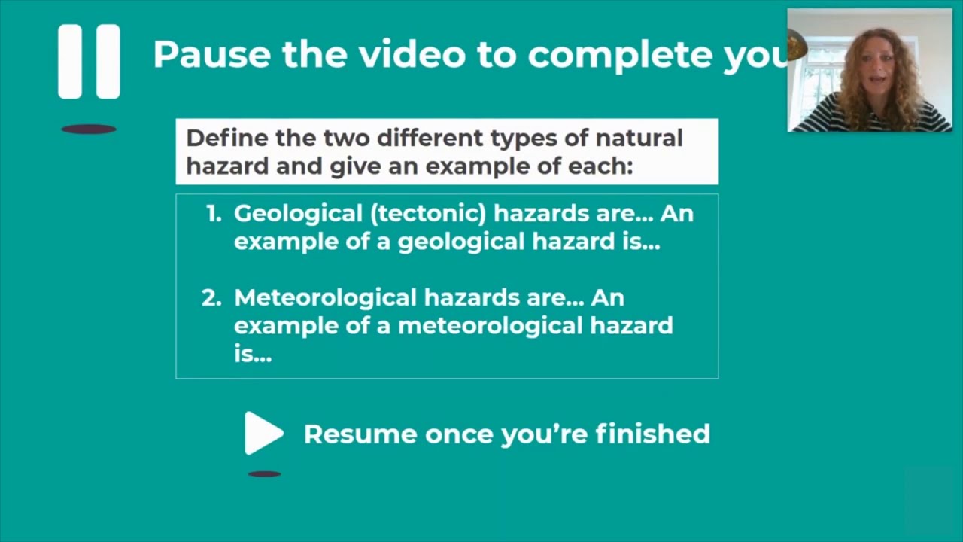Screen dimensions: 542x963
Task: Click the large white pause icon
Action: [x=89, y=62]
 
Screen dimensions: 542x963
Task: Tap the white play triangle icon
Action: [x=262, y=433]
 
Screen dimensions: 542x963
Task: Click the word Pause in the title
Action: [x=211, y=54]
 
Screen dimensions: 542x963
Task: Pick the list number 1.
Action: [x=214, y=214]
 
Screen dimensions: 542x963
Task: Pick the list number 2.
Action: [x=211, y=298]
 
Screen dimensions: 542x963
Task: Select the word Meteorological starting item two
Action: [x=325, y=298]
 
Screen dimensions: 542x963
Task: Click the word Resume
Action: [x=360, y=434]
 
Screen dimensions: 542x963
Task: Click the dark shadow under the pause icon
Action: [x=89, y=129]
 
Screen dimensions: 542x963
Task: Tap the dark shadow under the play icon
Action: [x=264, y=474]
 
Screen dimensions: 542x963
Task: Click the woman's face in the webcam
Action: [x=876, y=75]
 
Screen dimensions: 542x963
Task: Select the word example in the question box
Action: [x=469, y=166]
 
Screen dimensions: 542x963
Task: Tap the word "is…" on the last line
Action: [x=252, y=354]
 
